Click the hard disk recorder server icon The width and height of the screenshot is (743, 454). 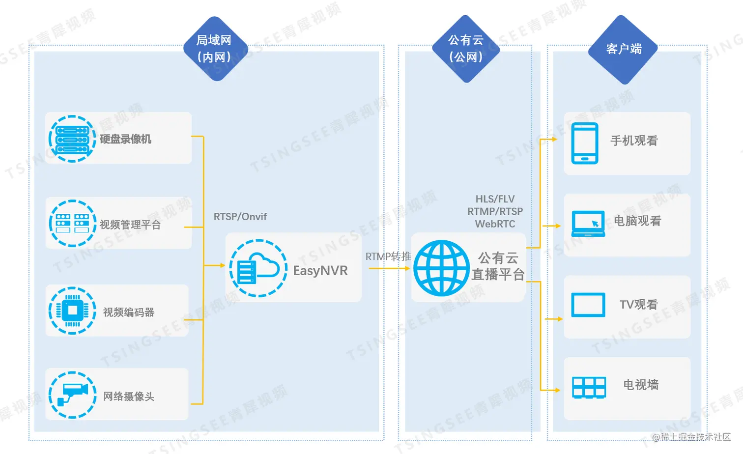(x=72, y=139)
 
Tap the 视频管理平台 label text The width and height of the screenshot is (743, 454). (x=130, y=225)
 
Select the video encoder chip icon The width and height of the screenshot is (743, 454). (x=72, y=311)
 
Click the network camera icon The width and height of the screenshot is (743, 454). (x=72, y=395)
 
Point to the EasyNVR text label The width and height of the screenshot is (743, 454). (x=320, y=271)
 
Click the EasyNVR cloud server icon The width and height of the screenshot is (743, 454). (x=258, y=268)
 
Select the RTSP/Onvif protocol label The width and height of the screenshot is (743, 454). (x=240, y=217)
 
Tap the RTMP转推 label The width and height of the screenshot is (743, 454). (x=388, y=256)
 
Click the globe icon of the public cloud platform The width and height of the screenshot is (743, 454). (x=441, y=268)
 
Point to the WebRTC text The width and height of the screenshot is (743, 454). (x=495, y=224)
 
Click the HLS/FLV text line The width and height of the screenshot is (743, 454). (x=495, y=199)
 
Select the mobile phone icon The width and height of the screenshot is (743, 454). (x=585, y=143)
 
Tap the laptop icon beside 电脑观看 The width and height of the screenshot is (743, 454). (x=588, y=224)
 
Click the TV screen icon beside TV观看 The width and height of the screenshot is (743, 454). (x=588, y=305)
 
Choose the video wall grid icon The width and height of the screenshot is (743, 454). (x=589, y=388)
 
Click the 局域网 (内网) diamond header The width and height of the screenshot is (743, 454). (x=214, y=49)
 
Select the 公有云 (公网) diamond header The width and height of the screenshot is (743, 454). (x=466, y=49)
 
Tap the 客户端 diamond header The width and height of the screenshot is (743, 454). (x=623, y=49)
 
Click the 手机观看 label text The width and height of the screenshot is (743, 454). (x=634, y=141)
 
